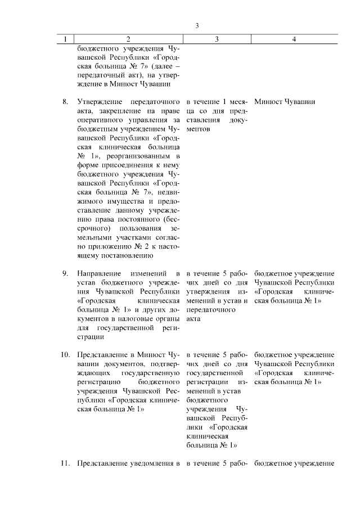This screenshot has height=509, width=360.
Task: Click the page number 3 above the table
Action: tap(197, 25)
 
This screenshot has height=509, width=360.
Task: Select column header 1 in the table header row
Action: tap(66, 39)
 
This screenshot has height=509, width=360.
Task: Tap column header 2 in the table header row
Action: tap(128, 39)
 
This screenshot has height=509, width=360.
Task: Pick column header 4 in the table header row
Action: tap(294, 39)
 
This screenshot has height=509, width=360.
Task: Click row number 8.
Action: tap(65, 102)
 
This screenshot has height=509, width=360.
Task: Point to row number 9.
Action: tap(65, 273)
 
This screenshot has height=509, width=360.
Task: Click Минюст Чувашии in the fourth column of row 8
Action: tap(285, 102)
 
